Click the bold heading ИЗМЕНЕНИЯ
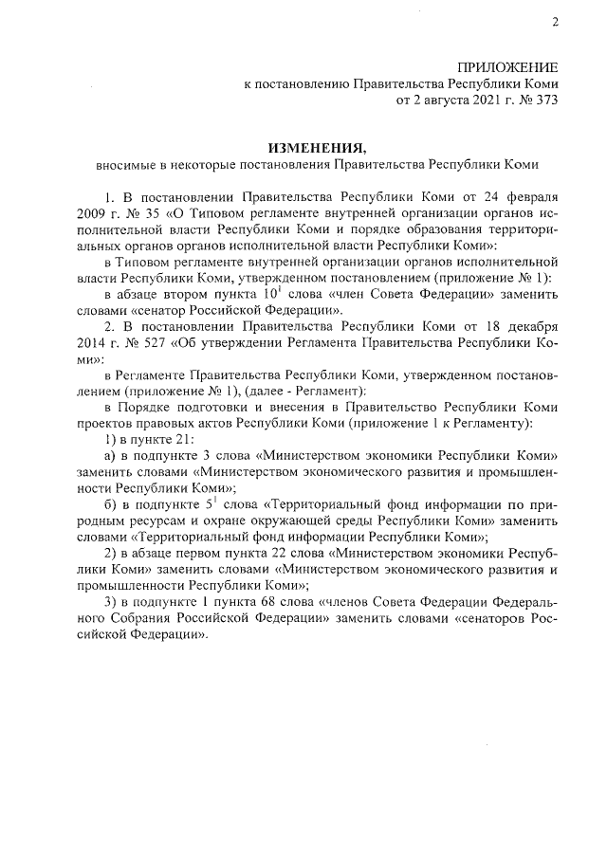point(316,148)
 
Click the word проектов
point(103,423)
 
